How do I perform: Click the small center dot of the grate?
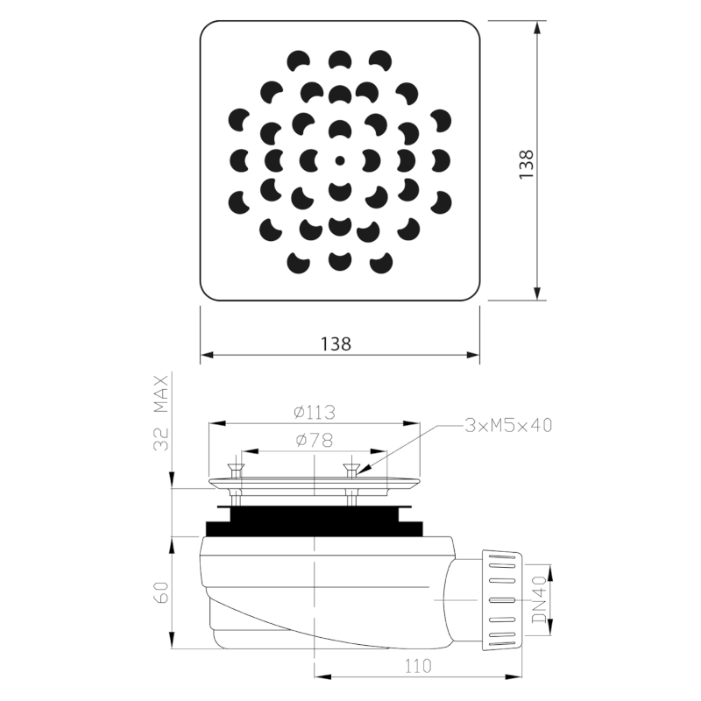coord(340,160)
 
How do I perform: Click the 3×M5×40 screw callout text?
coord(507,425)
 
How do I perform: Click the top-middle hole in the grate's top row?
coord(340,60)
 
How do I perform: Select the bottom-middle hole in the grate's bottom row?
coord(339,260)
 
